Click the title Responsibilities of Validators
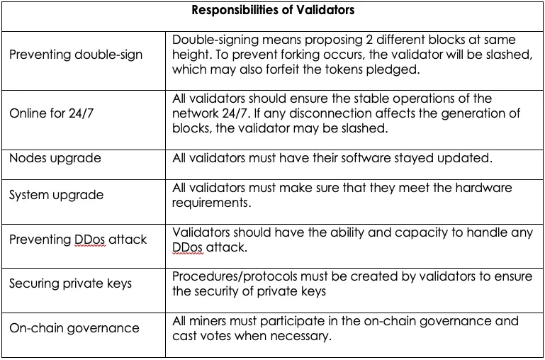(x=273, y=10)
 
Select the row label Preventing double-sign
(x=76, y=55)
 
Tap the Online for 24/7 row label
(x=52, y=113)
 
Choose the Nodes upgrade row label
(x=55, y=159)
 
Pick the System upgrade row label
(x=56, y=195)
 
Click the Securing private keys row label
(x=71, y=283)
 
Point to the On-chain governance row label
(x=74, y=328)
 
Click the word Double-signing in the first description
(x=215, y=40)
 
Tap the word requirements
(x=211, y=203)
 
